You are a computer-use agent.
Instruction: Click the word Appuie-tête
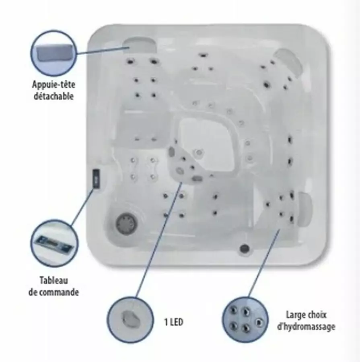tap(53, 84)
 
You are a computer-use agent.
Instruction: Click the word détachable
tap(53, 96)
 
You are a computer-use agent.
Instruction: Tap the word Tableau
tap(54, 280)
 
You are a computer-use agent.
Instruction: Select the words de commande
tap(53, 292)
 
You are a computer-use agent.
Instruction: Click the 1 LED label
tap(174, 322)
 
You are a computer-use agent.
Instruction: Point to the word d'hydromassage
tap(306, 327)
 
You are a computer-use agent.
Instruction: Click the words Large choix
tap(306, 315)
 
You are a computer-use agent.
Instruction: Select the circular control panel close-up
tap(54, 243)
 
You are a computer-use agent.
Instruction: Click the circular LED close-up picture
tap(130, 320)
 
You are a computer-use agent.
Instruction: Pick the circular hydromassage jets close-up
tap(245, 320)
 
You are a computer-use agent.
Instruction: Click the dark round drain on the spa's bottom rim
tap(245, 249)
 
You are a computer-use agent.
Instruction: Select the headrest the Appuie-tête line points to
tap(140, 45)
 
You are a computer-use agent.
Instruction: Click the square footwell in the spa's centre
tap(208, 143)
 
